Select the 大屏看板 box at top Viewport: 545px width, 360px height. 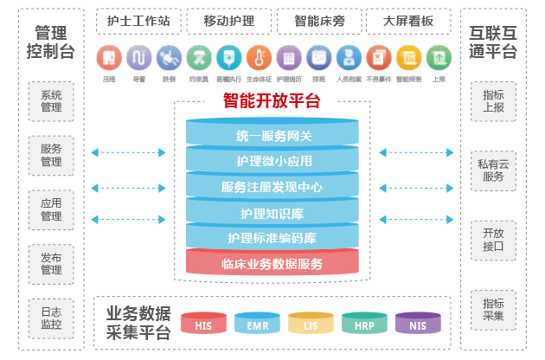click(407, 20)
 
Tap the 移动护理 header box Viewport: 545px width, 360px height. click(229, 20)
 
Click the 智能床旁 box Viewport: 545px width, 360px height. click(317, 20)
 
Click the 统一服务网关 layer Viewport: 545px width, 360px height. click(273, 136)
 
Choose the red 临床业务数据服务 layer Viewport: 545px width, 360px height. click(273, 264)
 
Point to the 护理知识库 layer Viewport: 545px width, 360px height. click(273, 213)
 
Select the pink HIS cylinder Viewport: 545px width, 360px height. click(203, 325)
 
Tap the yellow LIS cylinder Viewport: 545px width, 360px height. click(311, 325)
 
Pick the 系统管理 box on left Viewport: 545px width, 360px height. click(51, 101)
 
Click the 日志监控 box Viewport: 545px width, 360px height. click(51, 318)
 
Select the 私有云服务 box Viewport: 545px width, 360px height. click(494, 169)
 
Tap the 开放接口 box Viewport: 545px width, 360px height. click(494, 240)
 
